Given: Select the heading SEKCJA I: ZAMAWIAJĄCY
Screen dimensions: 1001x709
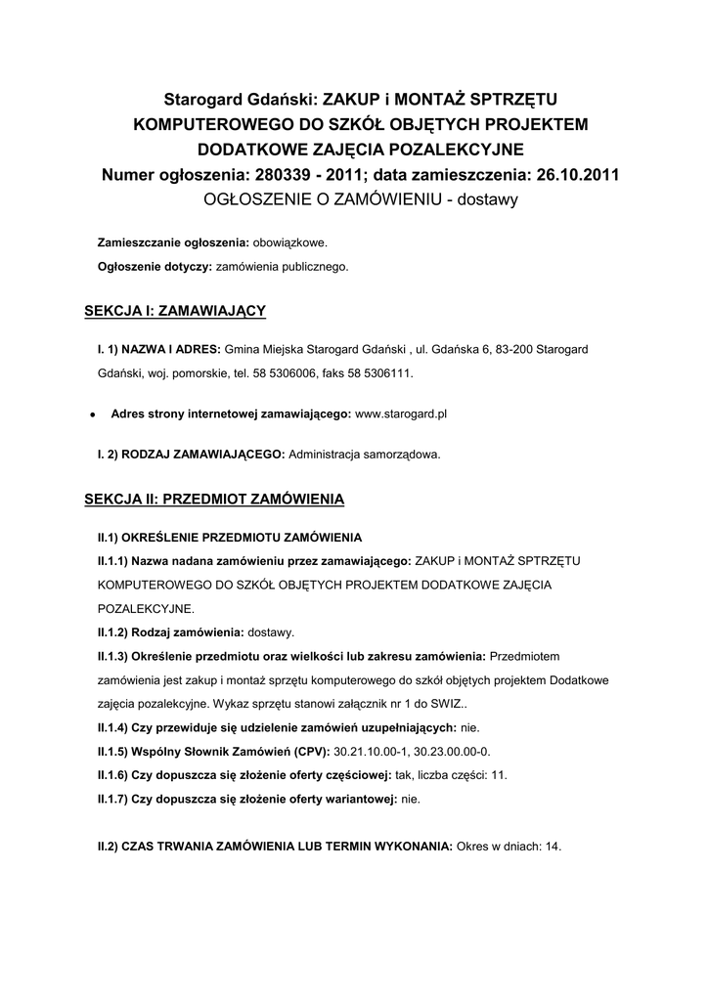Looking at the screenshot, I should (176, 311).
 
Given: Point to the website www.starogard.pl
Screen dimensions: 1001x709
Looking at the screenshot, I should (401, 414).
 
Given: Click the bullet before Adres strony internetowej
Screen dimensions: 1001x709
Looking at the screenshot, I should (91, 414).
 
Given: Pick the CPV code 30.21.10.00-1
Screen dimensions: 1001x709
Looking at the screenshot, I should (373, 751).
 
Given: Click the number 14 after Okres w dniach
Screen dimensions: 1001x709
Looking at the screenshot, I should (554, 847).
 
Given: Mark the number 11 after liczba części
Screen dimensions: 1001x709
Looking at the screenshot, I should (499, 775).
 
